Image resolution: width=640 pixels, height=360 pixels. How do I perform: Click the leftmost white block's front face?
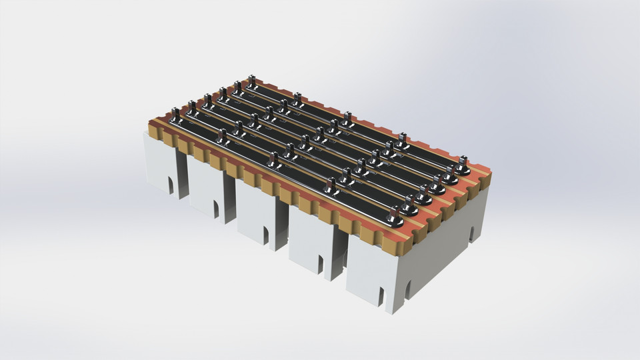160,163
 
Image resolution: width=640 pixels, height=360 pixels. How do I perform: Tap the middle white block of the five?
257,213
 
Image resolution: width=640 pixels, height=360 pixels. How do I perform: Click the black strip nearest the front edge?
307,180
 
